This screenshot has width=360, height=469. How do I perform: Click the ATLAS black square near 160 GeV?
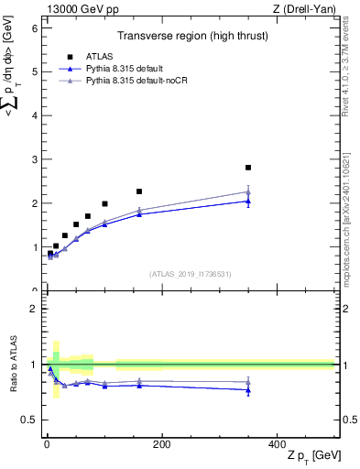[x=139, y=191]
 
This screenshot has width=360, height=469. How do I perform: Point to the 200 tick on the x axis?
[x=161, y=443]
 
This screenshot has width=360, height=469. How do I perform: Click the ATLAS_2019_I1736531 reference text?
[x=189, y=274]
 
